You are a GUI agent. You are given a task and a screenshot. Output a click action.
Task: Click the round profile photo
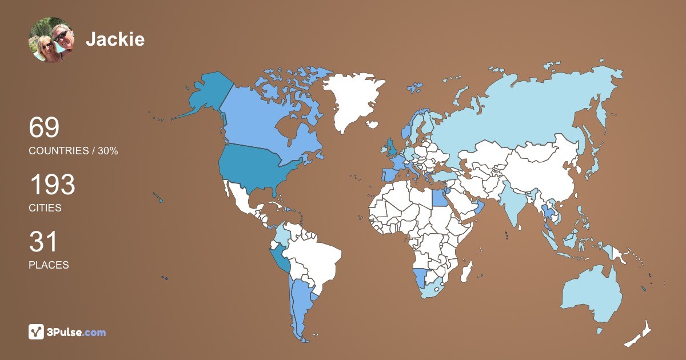[x=51, y=39]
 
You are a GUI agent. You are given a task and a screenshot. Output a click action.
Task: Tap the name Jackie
[x=115, y=39]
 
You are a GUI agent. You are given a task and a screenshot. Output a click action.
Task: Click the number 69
[x=44, y=127]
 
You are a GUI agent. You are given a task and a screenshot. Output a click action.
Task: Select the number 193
[x=52, y=185]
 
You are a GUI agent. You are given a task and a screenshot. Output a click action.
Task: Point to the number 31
[x=43, y=242]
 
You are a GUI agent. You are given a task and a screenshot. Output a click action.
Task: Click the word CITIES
[x=45, y=208]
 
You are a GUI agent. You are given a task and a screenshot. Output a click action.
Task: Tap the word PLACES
[x=49, y=265]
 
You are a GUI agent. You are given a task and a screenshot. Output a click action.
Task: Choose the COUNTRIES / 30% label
[x=73, y=151]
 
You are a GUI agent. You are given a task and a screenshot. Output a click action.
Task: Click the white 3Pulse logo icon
[x=37, y=332]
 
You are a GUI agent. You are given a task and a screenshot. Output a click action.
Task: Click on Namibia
[x=420, y=278]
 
